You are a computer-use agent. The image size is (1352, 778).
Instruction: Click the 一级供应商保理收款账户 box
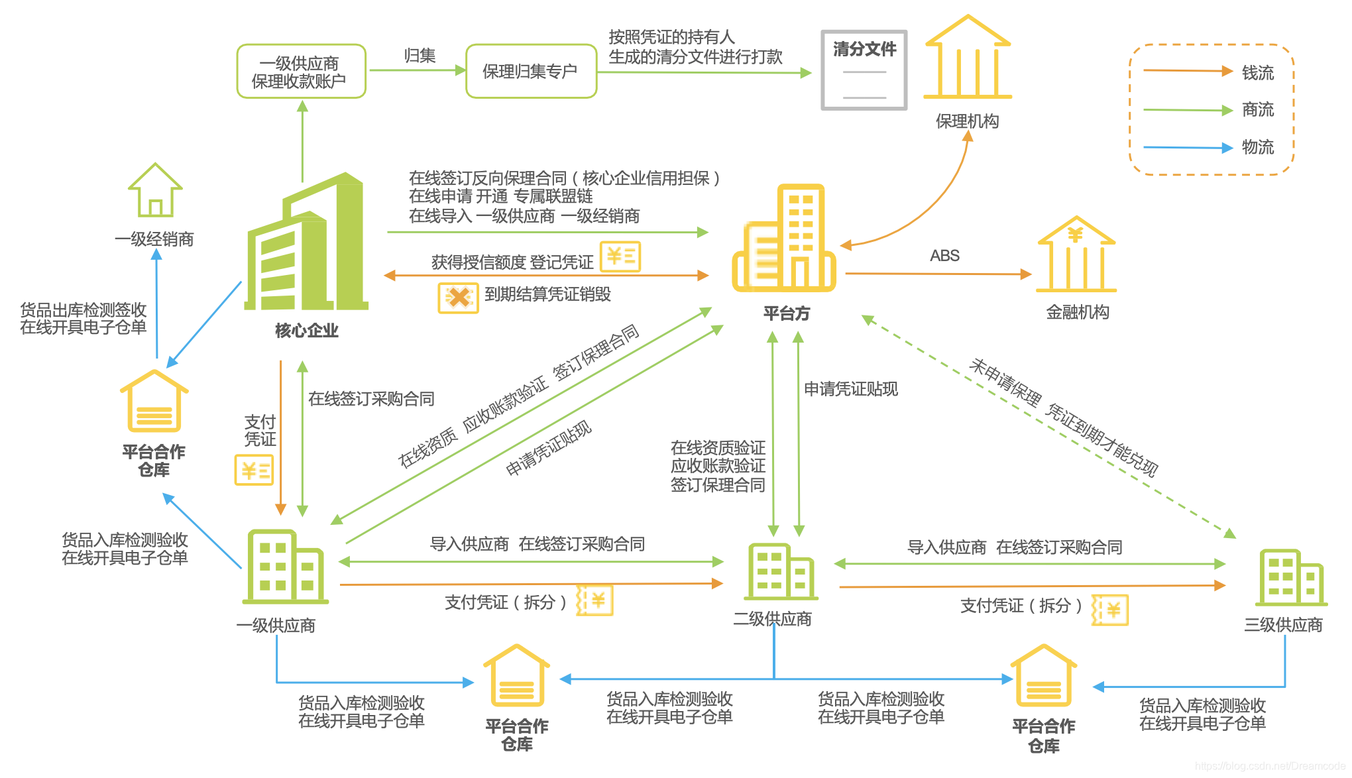point(301,72)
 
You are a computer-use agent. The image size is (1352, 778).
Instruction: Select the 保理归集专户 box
point(531,72)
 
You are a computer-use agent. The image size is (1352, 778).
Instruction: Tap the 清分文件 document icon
point(864,70)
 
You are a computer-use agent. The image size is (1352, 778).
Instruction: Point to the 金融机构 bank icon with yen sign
point(1076,254)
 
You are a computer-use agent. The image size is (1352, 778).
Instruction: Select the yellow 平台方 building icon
point(784,239)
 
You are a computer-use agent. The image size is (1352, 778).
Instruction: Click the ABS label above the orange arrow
point(944,256)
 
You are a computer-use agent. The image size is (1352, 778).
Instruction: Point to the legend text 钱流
point(1257,73)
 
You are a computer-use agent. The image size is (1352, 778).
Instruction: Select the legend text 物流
point(1257,147)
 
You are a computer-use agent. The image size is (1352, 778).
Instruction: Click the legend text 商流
point(1257,109)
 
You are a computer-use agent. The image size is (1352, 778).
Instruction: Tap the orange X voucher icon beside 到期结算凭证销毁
point(458,298)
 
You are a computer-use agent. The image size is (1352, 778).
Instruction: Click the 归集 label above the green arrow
point(420,56)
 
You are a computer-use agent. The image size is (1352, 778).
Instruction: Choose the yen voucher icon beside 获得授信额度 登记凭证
point(620,256)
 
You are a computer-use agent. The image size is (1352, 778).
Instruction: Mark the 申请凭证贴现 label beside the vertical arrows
point(850,389)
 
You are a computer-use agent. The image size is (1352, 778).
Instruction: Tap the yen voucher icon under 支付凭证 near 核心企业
point(254,470)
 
